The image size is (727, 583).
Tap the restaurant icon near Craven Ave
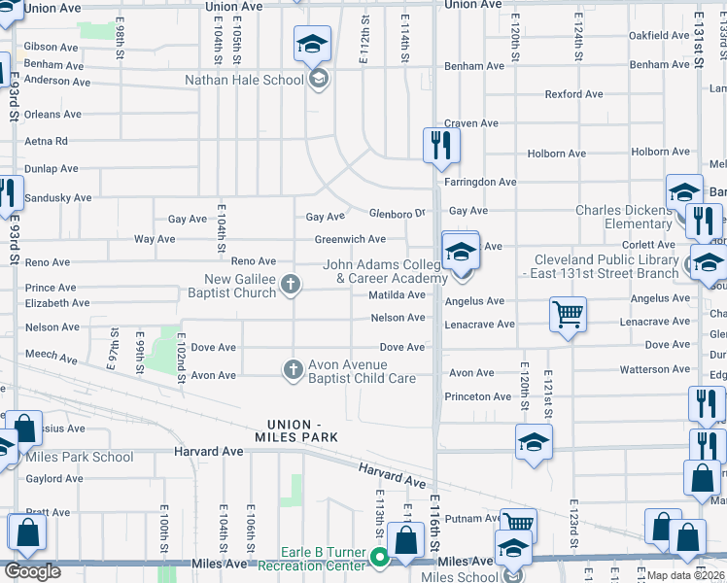[x=440, y=145]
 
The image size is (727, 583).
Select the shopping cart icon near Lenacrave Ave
[x=568, y=314]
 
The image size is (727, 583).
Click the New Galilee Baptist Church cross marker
[x=290, y=284]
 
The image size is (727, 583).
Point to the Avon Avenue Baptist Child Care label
[x=362, y=372]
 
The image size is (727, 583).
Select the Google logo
[x=32, y=571]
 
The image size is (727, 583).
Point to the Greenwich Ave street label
[x=350, y=239]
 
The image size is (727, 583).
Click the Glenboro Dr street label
[x=398, y=214]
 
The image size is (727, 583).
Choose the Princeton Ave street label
[x=478, y=396]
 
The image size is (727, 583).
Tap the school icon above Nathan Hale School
[x=312, y=44]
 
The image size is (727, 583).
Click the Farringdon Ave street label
[x=480, y=182]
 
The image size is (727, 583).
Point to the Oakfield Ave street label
[x=662, y=35]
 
